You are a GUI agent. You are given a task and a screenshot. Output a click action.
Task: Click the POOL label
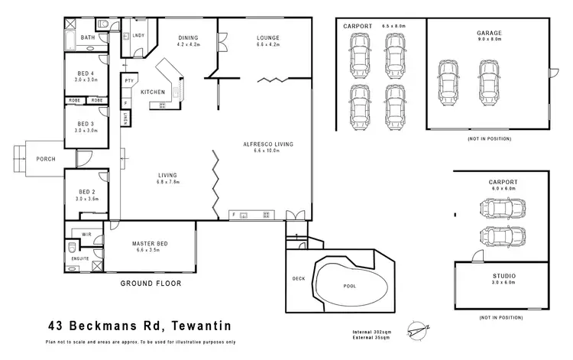349,286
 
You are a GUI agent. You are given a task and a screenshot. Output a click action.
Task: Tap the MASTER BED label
150,244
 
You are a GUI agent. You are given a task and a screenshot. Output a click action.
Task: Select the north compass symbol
418,331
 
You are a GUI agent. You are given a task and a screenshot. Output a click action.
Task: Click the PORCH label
46,159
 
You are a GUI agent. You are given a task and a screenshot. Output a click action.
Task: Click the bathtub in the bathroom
70,41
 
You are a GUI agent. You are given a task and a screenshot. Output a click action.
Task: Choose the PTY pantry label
129,81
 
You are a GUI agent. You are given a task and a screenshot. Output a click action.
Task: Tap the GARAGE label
489,33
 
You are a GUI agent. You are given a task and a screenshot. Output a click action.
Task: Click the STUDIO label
504,276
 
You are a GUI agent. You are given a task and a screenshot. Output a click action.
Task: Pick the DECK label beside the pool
299,279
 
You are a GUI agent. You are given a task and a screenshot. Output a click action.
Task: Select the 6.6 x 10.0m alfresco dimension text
267,151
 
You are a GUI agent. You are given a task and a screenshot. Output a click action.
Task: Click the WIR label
86,235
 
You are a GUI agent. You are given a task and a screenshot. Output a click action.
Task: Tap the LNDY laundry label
138,35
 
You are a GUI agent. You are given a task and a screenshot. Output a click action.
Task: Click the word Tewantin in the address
201,326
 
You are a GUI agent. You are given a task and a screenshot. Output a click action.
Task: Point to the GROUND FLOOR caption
151,284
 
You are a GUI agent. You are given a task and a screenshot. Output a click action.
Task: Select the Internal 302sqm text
371,332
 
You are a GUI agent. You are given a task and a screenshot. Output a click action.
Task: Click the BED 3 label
86,124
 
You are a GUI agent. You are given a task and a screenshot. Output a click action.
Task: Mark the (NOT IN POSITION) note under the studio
501,318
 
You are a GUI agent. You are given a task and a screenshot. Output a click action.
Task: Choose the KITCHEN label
153,92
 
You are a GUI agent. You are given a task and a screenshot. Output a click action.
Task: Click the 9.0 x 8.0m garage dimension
489,39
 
